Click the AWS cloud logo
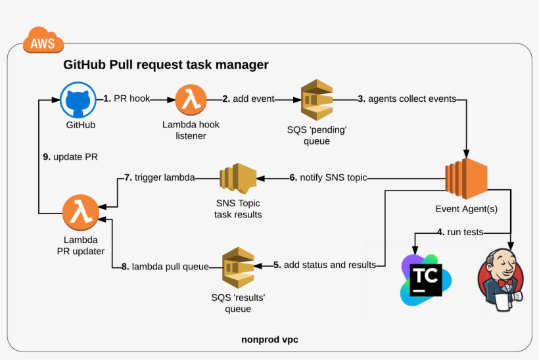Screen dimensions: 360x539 pos(43,42)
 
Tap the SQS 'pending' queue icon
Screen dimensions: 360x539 pos(316,100)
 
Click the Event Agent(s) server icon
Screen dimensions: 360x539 pos(465,178)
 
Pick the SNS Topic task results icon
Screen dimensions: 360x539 pos(238,178)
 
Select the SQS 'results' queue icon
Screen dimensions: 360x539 pos(238,265)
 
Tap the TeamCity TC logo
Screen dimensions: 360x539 pos(425,277)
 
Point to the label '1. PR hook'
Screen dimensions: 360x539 pos(127,99)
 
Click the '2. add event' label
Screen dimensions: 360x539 pos(248,99)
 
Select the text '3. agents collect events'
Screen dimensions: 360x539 pos(406,99)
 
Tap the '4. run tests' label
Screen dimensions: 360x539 pos(461,232)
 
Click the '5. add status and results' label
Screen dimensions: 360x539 pos(325,265)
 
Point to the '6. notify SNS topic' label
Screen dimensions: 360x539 pos(328,177)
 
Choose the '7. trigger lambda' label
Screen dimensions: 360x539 pos(159,177)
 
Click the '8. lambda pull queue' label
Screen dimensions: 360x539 pos(166,266)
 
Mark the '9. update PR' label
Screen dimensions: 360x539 pos(70,156)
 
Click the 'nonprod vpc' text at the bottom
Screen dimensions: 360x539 pos(270,340)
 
